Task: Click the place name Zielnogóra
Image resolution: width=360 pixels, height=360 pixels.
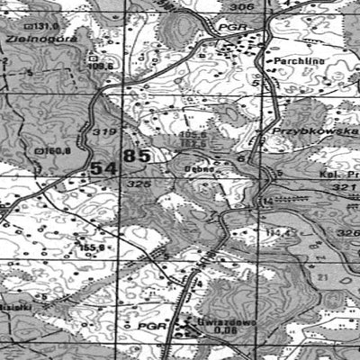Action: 36,40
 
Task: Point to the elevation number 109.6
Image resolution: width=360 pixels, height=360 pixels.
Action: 101,66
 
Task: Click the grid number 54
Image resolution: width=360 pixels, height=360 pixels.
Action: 103,169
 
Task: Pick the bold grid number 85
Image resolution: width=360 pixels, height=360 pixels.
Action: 138,156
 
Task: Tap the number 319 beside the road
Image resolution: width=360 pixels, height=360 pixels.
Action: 103,131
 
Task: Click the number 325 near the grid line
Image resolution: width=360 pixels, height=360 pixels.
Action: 138,184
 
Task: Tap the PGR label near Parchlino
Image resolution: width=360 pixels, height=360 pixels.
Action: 229,29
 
